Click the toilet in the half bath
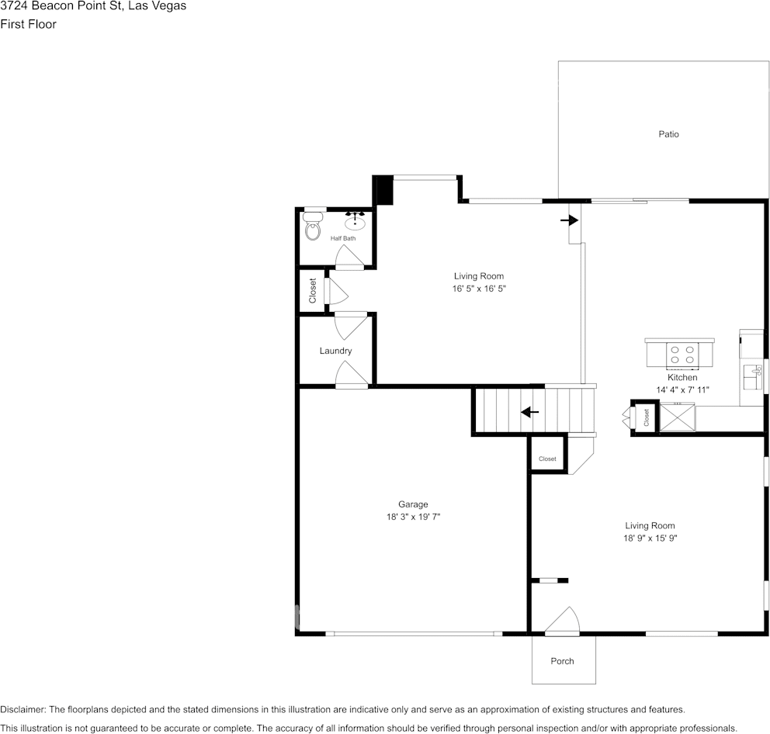tap(313, 228)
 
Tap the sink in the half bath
tap(355, 223)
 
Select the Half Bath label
tap(343, 238)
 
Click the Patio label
tap(668, 134)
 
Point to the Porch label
tap(562, 661)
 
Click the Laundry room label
tap(335, 351)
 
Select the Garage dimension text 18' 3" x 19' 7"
tap(413, 517)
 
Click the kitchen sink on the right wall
tap(752, 376)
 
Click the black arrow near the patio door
tap(570, 220)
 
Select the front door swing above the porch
tap(564, 621)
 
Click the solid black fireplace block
tap(383, 190)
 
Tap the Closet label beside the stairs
tap(547, 459)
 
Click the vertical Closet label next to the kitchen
tap(646, 417)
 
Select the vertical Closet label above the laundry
tap(313, 291)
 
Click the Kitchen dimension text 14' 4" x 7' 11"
tap(682, 390)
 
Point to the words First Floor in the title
tap(28, 24)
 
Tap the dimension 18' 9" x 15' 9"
tap(650, 538)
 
